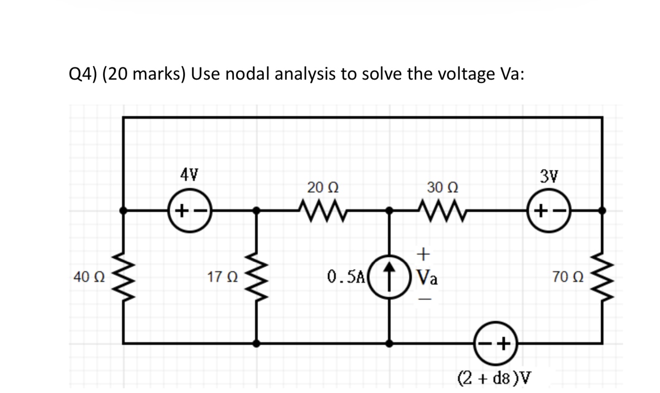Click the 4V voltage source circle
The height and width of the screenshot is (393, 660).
point(190,210)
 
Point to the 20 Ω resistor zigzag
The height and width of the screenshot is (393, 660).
point(322,208)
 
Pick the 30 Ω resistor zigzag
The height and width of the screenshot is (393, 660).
point(442,208)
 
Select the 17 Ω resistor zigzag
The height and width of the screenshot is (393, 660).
point(256,277)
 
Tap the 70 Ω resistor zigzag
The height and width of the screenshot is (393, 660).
point(602,277)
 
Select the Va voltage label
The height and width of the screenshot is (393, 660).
point(427,278)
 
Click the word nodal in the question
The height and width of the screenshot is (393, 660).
point(250,74)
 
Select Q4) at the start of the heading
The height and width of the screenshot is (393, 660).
point(83,74)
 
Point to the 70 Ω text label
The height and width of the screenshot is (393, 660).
point(568,277)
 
